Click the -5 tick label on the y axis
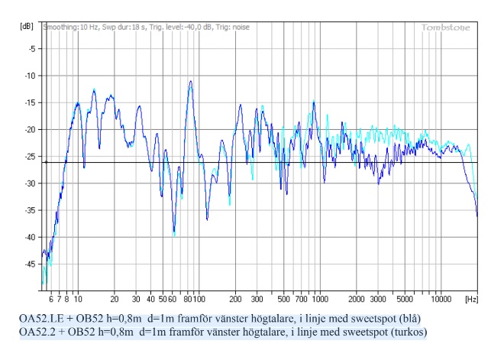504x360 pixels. (x=31, y=49)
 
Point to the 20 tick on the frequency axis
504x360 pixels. (x=115, y=300)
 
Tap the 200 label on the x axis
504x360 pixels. (x=236, y=300)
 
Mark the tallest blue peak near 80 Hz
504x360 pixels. (x=189, y=81)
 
